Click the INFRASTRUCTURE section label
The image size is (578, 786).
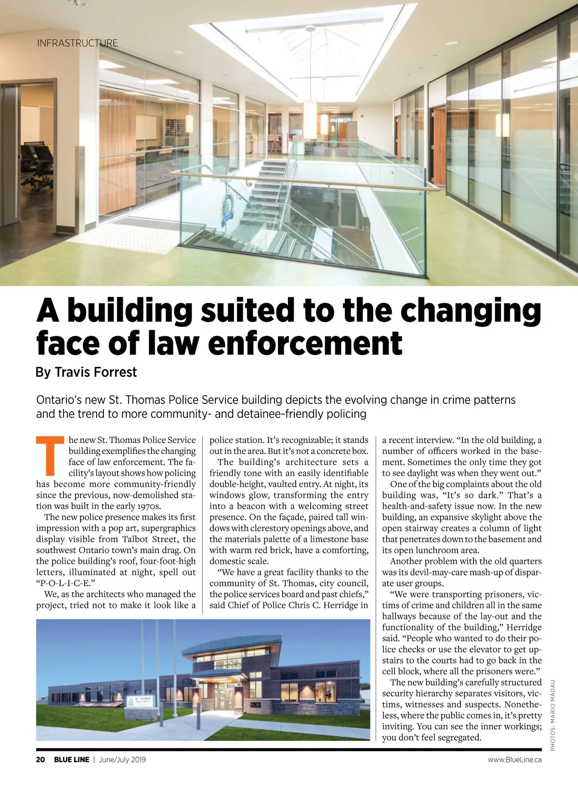tap(77, 43)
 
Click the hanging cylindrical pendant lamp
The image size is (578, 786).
tap(311, 113)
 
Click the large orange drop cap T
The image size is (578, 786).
tap(51, 455)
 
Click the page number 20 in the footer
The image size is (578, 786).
tap(40, 760)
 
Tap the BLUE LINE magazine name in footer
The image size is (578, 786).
tap(71, 760)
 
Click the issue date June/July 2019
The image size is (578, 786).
tap(122, 760)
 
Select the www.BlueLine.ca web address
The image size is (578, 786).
tap(514, 760)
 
